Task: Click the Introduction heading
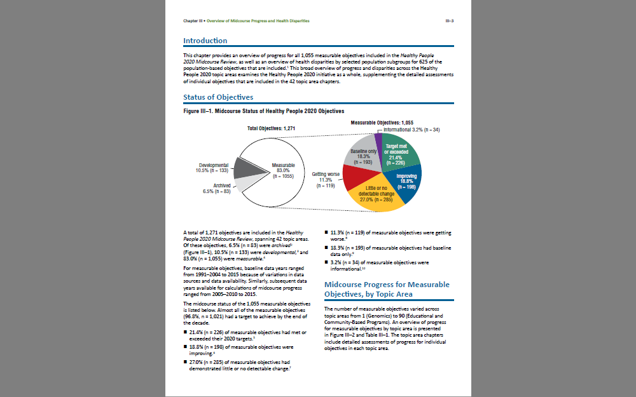click(x=205, y=41)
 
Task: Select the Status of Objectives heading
click(x=218, y=97)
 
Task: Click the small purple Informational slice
click(x=378, y=138)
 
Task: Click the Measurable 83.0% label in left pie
click(x=283, y=170)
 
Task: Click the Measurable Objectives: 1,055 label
click(x=382, y=122)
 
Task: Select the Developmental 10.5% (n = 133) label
click(x=213, y=168)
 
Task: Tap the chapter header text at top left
click(x=246, y=21)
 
